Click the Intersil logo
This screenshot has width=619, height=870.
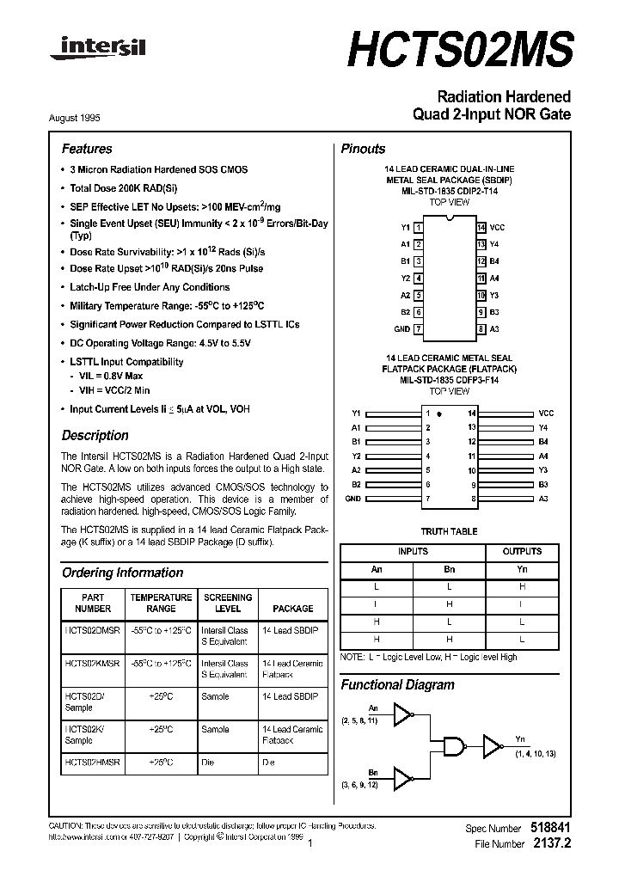click(99, 50)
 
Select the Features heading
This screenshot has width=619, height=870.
click(87, 149)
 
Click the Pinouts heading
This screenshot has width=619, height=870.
click(363, 149)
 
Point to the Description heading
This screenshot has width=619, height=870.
click(95, 435)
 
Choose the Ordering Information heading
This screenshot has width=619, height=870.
click(122, 573)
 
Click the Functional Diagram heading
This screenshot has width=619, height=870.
click(397, 685)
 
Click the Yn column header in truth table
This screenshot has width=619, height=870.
click(522, 568)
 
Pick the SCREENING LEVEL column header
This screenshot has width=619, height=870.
click(228, 603)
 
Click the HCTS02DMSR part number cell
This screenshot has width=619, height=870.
click(93, 630)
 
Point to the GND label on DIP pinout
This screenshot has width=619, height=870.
click(401, 329)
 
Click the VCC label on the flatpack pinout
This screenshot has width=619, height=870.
click(546, 414)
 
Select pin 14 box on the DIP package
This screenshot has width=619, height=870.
click(481, 227)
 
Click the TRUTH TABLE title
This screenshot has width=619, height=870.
click(448, 532)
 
